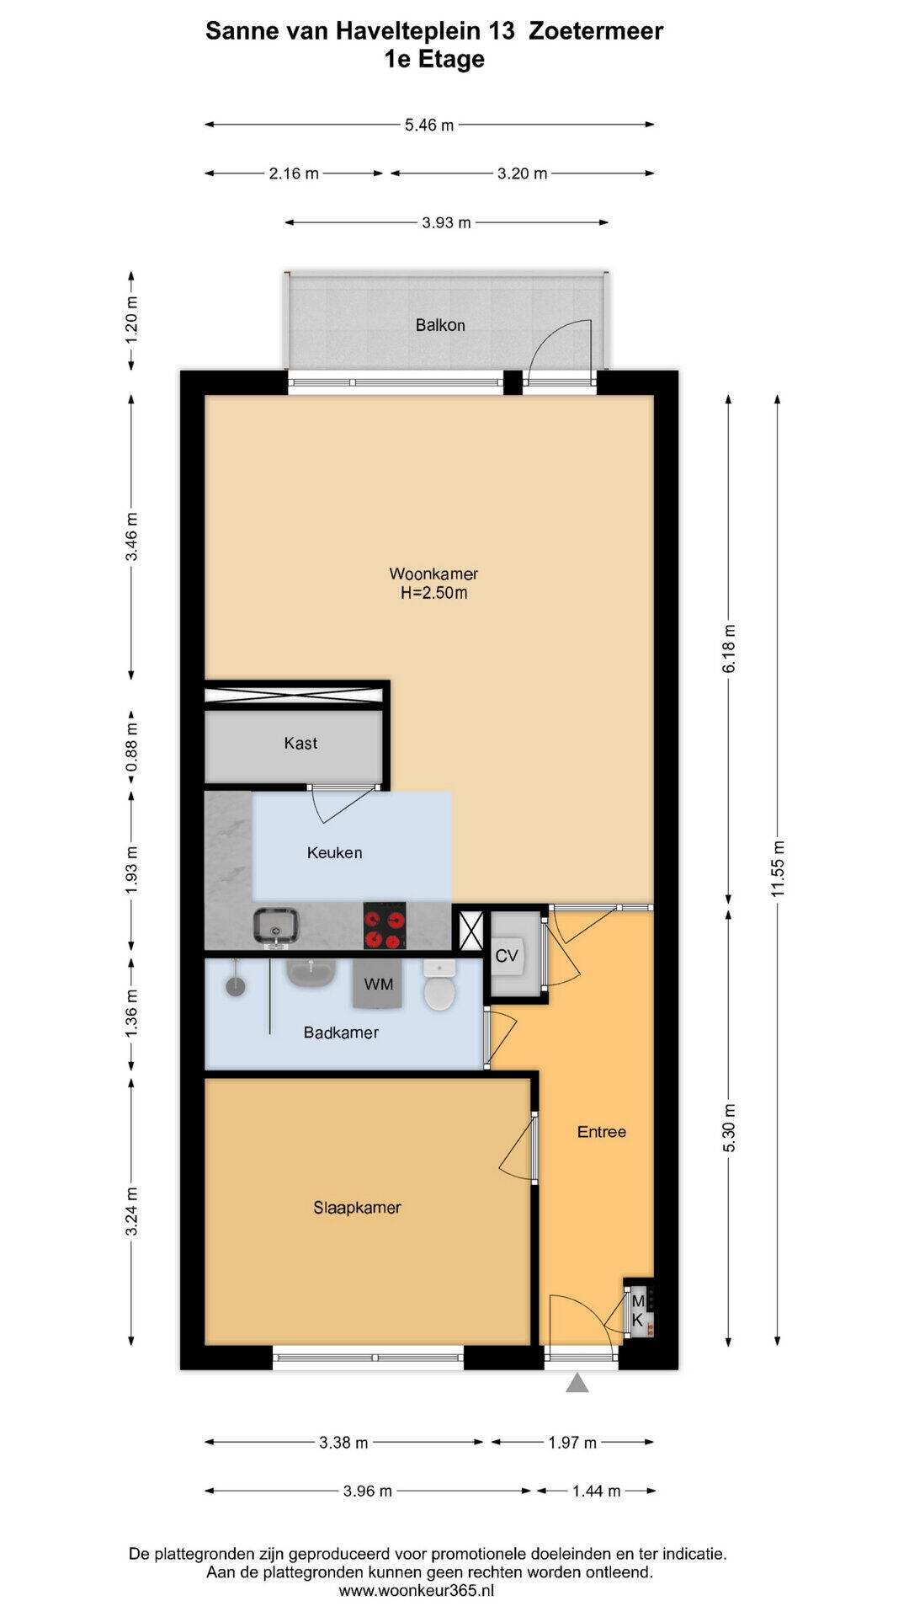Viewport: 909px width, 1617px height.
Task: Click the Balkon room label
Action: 440,325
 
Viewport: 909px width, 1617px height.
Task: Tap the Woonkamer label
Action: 433,574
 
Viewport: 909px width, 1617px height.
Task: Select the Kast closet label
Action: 300,743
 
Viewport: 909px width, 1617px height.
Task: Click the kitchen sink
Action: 278,926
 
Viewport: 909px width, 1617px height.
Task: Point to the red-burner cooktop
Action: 385,926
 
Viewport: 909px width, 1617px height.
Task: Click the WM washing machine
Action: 379,984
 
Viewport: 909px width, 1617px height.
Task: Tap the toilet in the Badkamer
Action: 439,985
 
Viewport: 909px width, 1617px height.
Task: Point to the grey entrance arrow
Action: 577,1383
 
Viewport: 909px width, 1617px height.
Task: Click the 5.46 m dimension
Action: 429,125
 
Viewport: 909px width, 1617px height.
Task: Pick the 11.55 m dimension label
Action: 778,868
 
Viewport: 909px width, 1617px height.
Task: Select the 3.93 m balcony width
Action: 446,223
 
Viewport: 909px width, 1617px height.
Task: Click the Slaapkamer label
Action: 357,1208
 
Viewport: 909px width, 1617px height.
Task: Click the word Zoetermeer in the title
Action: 596,31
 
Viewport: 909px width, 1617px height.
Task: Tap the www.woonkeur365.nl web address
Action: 417,1591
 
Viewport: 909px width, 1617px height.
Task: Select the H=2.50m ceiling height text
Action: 433,593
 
